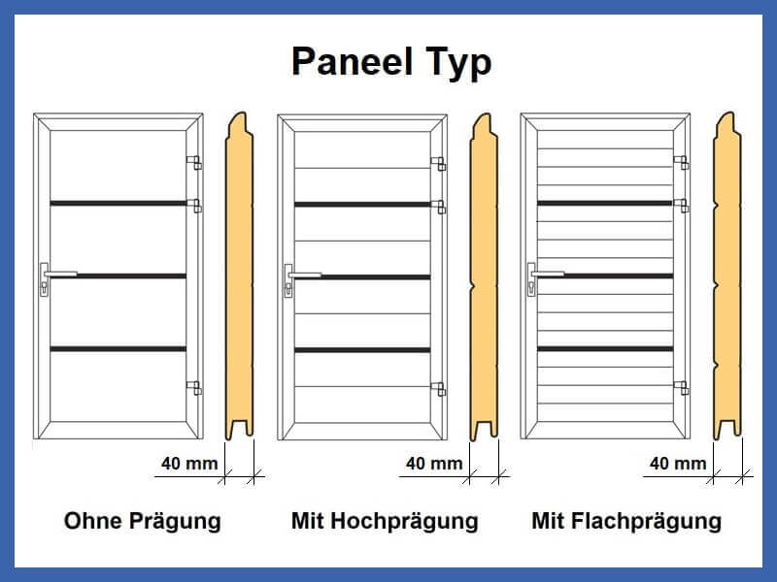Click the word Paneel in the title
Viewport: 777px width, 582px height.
353,61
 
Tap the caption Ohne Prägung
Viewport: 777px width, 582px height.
143,522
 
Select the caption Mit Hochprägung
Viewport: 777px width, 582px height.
385,522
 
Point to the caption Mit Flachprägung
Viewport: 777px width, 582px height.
626,522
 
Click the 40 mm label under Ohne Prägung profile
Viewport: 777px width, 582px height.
189,464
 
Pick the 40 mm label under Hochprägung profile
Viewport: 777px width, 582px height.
434,464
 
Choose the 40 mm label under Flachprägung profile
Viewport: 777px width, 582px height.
678,464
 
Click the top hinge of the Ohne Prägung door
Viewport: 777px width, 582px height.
193,162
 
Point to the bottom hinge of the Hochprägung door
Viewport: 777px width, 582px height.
439,389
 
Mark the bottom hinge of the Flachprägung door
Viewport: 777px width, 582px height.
682,388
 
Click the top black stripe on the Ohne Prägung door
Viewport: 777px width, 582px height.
118,204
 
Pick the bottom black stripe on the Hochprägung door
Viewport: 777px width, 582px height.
362,350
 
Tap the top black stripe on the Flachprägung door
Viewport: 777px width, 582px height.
605,203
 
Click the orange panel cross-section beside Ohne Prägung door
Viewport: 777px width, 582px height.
239,276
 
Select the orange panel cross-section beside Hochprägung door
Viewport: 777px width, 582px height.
484,277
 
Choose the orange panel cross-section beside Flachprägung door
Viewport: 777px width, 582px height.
727,275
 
